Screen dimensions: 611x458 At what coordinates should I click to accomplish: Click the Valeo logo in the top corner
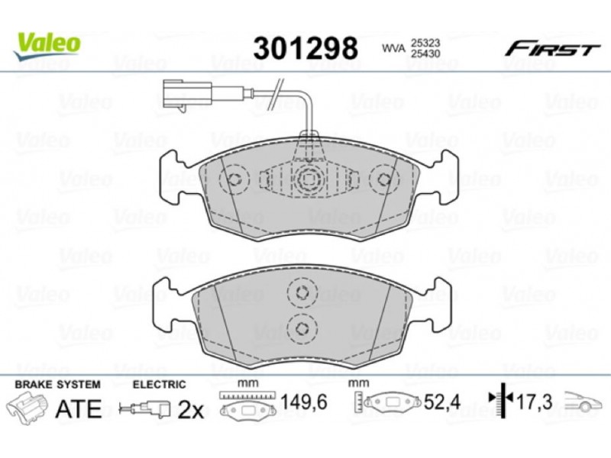47,46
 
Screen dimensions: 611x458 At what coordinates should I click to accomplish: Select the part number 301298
305,48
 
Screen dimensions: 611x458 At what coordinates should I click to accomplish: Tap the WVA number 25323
425,43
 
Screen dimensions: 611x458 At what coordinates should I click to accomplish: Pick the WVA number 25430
425,53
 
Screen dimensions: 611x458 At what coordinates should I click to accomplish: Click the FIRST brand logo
552,50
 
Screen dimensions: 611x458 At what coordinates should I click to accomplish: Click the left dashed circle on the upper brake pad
234,179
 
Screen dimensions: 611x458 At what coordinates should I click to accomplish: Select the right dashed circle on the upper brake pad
385,179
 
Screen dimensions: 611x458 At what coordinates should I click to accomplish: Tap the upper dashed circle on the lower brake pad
302,293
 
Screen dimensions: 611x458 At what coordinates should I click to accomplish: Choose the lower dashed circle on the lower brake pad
302,329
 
